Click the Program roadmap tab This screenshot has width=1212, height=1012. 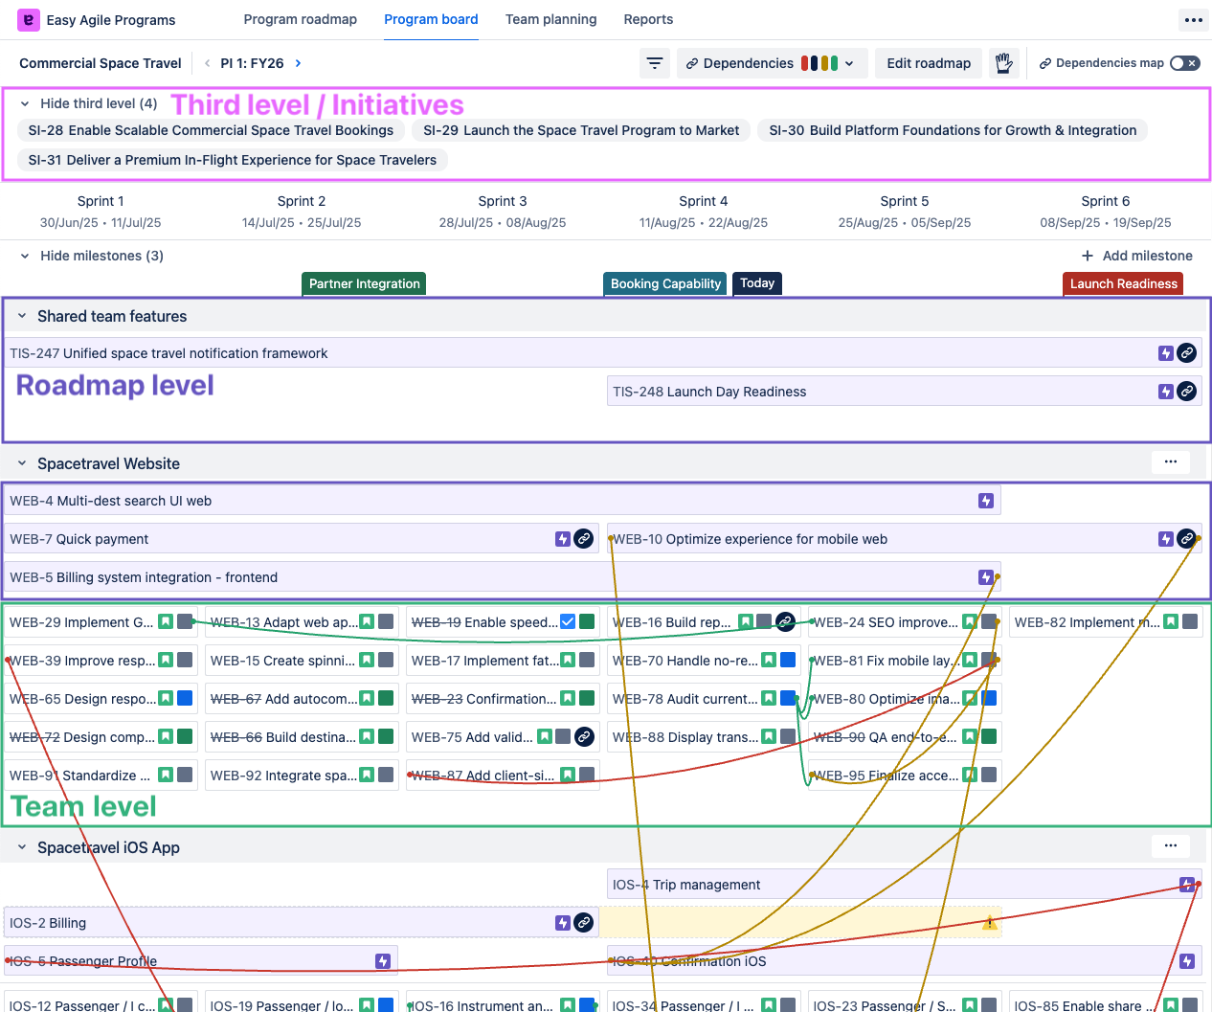(300, 19)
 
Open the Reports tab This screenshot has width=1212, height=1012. (648, 19)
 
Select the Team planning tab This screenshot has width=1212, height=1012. (550, 19)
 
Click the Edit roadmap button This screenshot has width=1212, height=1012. (928, 63)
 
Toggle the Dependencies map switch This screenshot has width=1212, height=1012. (1184, 63)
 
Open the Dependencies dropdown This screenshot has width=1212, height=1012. (771, 63)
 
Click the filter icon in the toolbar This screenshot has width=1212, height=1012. (655, 63)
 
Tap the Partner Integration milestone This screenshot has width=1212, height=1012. (364, 283)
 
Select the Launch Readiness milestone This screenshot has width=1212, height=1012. (1123, 283)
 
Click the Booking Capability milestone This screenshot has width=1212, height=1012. (665, 283)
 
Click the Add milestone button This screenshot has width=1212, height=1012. (1137, 256)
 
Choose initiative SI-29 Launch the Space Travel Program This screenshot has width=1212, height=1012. (581, 130)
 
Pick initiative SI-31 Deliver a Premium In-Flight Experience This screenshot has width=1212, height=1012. (233, 160)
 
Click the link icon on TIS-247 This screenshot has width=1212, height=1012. (1186, 353)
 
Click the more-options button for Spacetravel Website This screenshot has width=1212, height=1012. (1170, 462)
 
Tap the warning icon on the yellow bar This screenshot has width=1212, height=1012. (989, 923)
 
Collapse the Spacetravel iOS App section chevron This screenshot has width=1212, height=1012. (22, 847)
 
